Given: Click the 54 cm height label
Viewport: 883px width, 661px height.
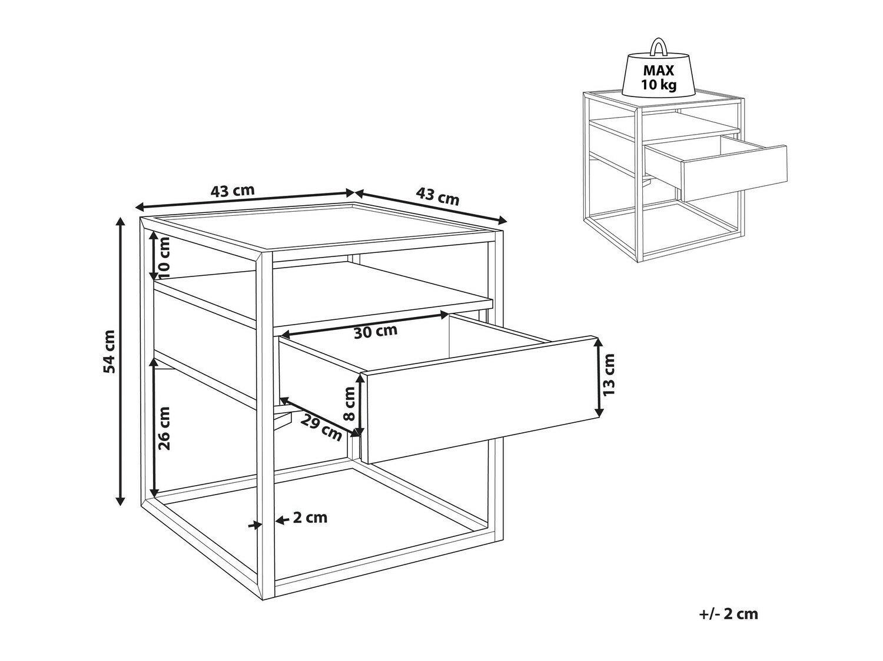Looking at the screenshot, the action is click(x=109, y=351).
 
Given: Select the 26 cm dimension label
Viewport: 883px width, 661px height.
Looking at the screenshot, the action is click(x=164, y=428).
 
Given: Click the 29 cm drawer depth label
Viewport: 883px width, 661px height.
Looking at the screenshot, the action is click(x=321, y=428).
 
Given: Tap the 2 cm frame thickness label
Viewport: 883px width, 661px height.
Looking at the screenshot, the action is click(x=310, y=518).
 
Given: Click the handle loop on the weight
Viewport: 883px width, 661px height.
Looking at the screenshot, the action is click(x=659, y=46).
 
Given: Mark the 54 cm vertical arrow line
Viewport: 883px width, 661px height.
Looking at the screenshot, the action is click(x=120, y=361).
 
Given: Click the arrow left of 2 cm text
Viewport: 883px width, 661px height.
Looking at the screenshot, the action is click(x=283, y=520).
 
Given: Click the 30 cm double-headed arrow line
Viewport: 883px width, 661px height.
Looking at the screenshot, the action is click(x=364, y=324).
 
